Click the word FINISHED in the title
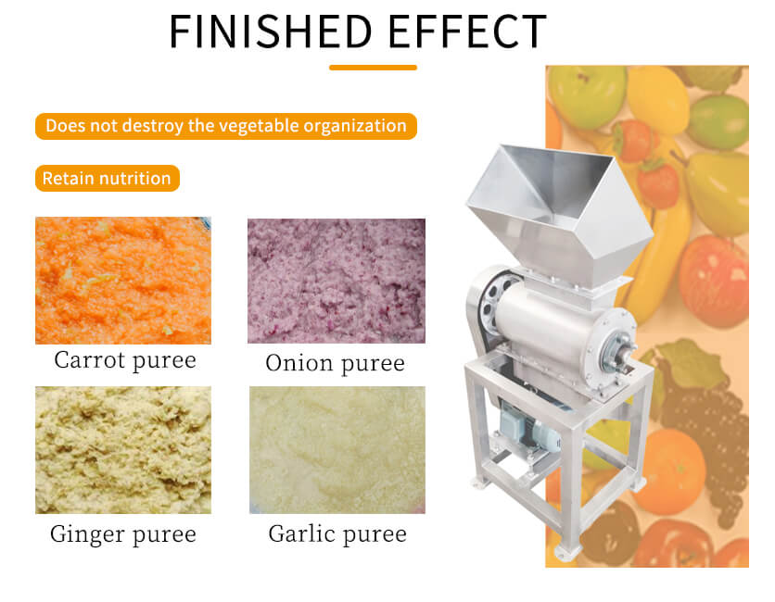click(270, 31)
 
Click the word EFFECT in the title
click(467, 31)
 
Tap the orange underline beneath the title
click(374, 68)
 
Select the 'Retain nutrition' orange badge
click(108, 178)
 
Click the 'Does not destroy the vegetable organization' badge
click(226, 127)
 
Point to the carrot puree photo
click(123, 281)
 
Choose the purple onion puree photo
click(337, 281)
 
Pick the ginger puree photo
click(123, 450)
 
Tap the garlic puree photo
click(337, 450)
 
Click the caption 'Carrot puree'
click(125, 360)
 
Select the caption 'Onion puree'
click(335, 363)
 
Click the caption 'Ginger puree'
click(123, 534)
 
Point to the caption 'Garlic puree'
click(337, 534)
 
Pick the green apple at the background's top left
click(587, 96)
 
